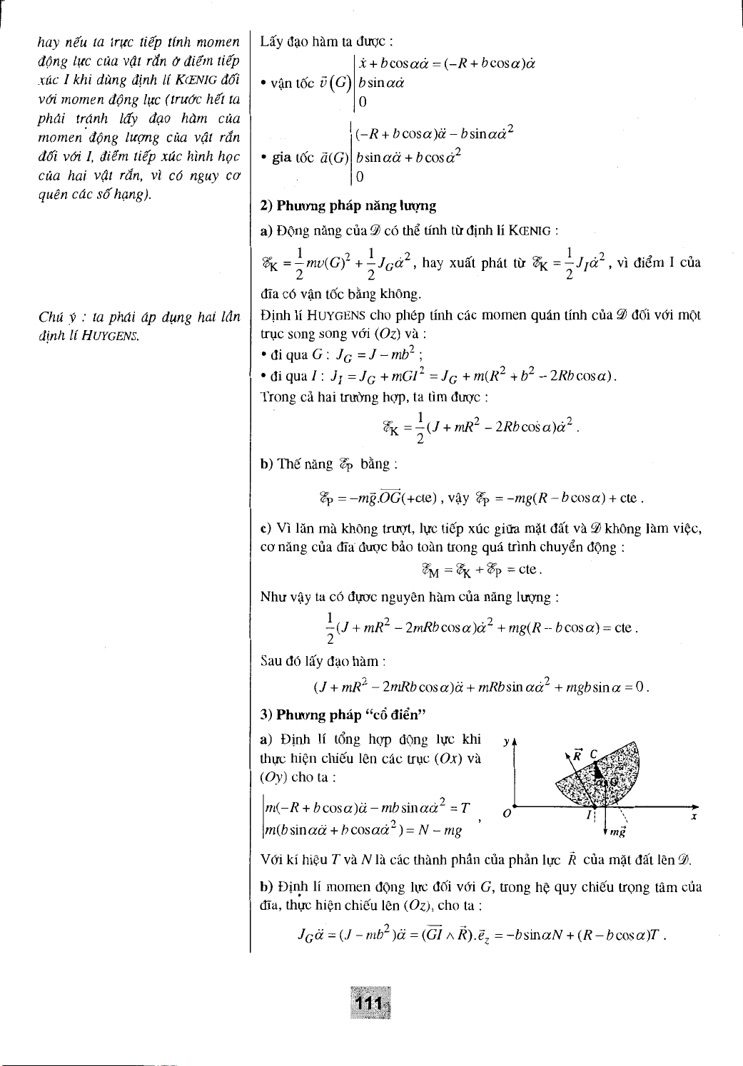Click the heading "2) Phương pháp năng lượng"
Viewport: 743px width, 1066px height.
point(348,206)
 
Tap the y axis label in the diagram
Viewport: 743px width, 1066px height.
point(506,740)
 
